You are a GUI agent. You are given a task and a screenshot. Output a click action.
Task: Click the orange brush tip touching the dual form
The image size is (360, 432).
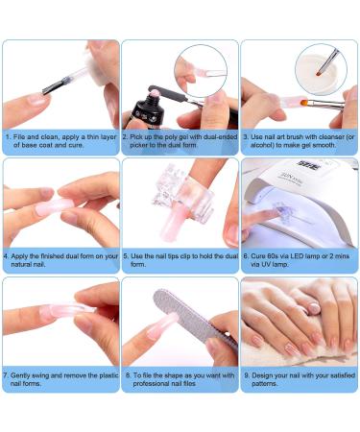(303, 103)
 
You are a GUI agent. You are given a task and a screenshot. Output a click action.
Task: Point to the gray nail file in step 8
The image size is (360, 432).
(195, 319)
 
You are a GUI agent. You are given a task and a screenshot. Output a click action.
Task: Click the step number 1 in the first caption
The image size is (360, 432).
(8, 137)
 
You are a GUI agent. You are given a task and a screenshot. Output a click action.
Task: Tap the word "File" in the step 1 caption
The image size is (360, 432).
(19, 137)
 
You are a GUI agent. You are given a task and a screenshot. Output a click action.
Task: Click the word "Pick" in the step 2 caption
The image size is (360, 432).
(136, 137)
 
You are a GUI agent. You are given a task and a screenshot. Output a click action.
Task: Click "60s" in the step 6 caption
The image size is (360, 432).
(272, 256)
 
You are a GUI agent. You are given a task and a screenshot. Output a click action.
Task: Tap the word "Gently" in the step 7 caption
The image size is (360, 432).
(21, 375)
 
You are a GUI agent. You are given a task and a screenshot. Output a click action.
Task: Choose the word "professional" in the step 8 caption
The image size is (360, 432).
(150, 383)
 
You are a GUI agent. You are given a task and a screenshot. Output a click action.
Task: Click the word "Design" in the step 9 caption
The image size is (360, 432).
(262, 375)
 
